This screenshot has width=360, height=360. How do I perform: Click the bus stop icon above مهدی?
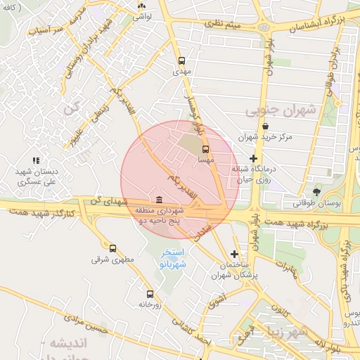pos(182,60)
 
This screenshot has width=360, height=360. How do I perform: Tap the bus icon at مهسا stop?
pos(205,149)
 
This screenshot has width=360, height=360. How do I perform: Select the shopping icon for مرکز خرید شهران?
pos(264,127)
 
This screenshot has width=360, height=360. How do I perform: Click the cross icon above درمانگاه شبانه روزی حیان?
pos(253,158)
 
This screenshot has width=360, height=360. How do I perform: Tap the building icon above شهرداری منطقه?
pos(160,200)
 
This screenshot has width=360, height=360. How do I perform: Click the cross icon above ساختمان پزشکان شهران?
pos(234,254)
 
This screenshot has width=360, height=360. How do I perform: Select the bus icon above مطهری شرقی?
pos(112,248)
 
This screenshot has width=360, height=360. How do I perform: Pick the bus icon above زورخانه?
pos(150,294)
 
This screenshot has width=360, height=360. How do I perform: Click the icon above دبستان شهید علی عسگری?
pos(36,160)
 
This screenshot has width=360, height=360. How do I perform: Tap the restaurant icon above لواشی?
pos(141,6)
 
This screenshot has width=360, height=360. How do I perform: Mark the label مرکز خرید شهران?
pos(264,139)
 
